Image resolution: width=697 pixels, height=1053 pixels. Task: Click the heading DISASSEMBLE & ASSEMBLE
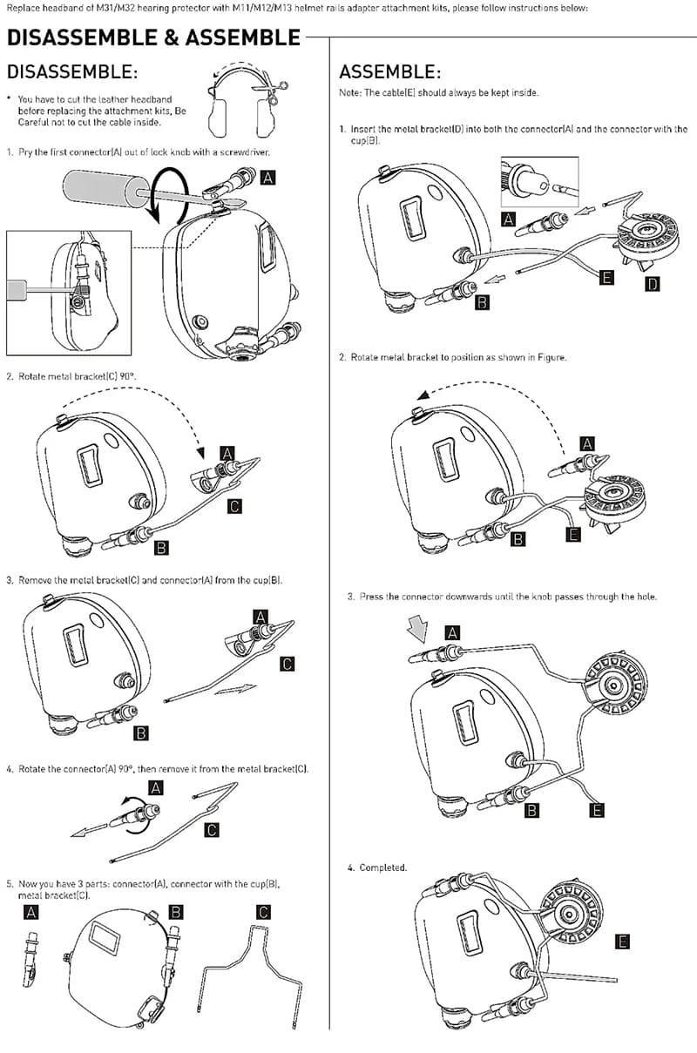point(153,38)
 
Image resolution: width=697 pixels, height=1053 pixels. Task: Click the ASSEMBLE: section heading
point(389,71)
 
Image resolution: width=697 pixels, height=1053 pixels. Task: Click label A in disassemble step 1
point(268,178)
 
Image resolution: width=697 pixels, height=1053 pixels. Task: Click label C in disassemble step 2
point(234,506)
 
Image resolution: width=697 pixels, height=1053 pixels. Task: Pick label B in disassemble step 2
point(162,548)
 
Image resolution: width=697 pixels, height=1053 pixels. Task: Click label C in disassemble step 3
point(288,664)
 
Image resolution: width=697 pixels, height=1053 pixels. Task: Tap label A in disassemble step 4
point(157,787)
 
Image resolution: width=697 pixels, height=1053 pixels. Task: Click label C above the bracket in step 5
point(264,913)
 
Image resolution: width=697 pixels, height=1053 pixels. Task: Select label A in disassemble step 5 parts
point(32,913)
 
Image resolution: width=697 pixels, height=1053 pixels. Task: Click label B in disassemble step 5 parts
point(176,913)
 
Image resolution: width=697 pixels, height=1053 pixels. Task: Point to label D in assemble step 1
point(652,284)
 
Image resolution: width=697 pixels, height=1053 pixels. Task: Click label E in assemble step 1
point(606,278)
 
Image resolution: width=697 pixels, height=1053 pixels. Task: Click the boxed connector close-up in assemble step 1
point(539,182)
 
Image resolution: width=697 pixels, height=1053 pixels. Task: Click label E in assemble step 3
point(597,810)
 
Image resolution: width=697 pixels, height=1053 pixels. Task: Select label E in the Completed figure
point(622,942)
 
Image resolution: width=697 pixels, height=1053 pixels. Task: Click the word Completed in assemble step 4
point(383,867)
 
